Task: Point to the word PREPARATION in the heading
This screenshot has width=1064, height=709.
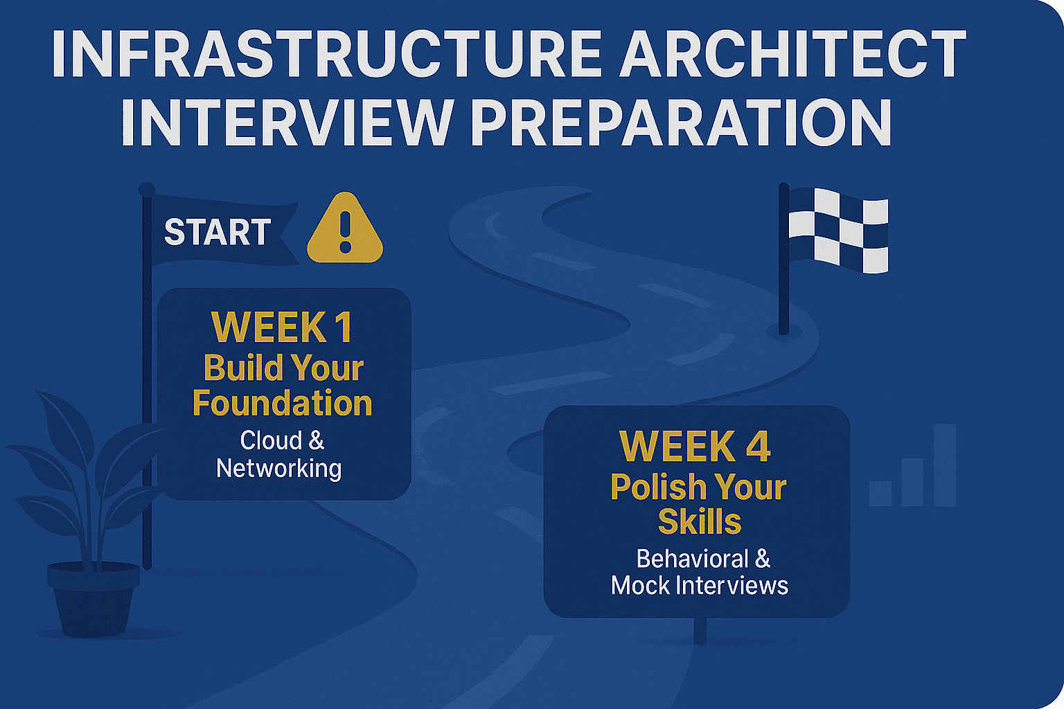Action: pyautogui.click(x=681, y=122)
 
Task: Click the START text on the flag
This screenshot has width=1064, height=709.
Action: pyautogui.click(x=218, y=232)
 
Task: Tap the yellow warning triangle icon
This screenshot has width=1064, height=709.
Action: pyautogui.click(x=345, y=228)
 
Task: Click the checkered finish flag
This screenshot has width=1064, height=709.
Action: pyautogui.click(x=838, y=231)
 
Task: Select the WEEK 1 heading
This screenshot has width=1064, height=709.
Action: pyautogui.click(x=282, y=327)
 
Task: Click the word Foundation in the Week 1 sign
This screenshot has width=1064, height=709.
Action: pyautogui.click(x=282, y=404)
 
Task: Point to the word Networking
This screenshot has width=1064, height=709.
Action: pyautogui.click(x=279, y=468)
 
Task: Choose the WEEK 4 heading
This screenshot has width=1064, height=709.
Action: pyautogui.click(x=695, y=446)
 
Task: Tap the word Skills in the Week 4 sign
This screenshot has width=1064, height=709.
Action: pyautogui.click(x=700, y=521)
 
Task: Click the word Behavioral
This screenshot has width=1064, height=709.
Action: pyautogui.click(x=692, y=559)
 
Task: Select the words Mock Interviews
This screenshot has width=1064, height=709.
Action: pyautogui.click(x=699, y=585)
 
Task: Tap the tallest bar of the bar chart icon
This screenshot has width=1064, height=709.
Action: pyautogui.click(x=945, y=465)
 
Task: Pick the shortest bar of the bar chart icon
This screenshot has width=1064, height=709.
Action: pyautogui.click(x=880, y=494)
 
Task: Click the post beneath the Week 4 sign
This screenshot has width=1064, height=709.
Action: pyautogui.click(x=700, y=631)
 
